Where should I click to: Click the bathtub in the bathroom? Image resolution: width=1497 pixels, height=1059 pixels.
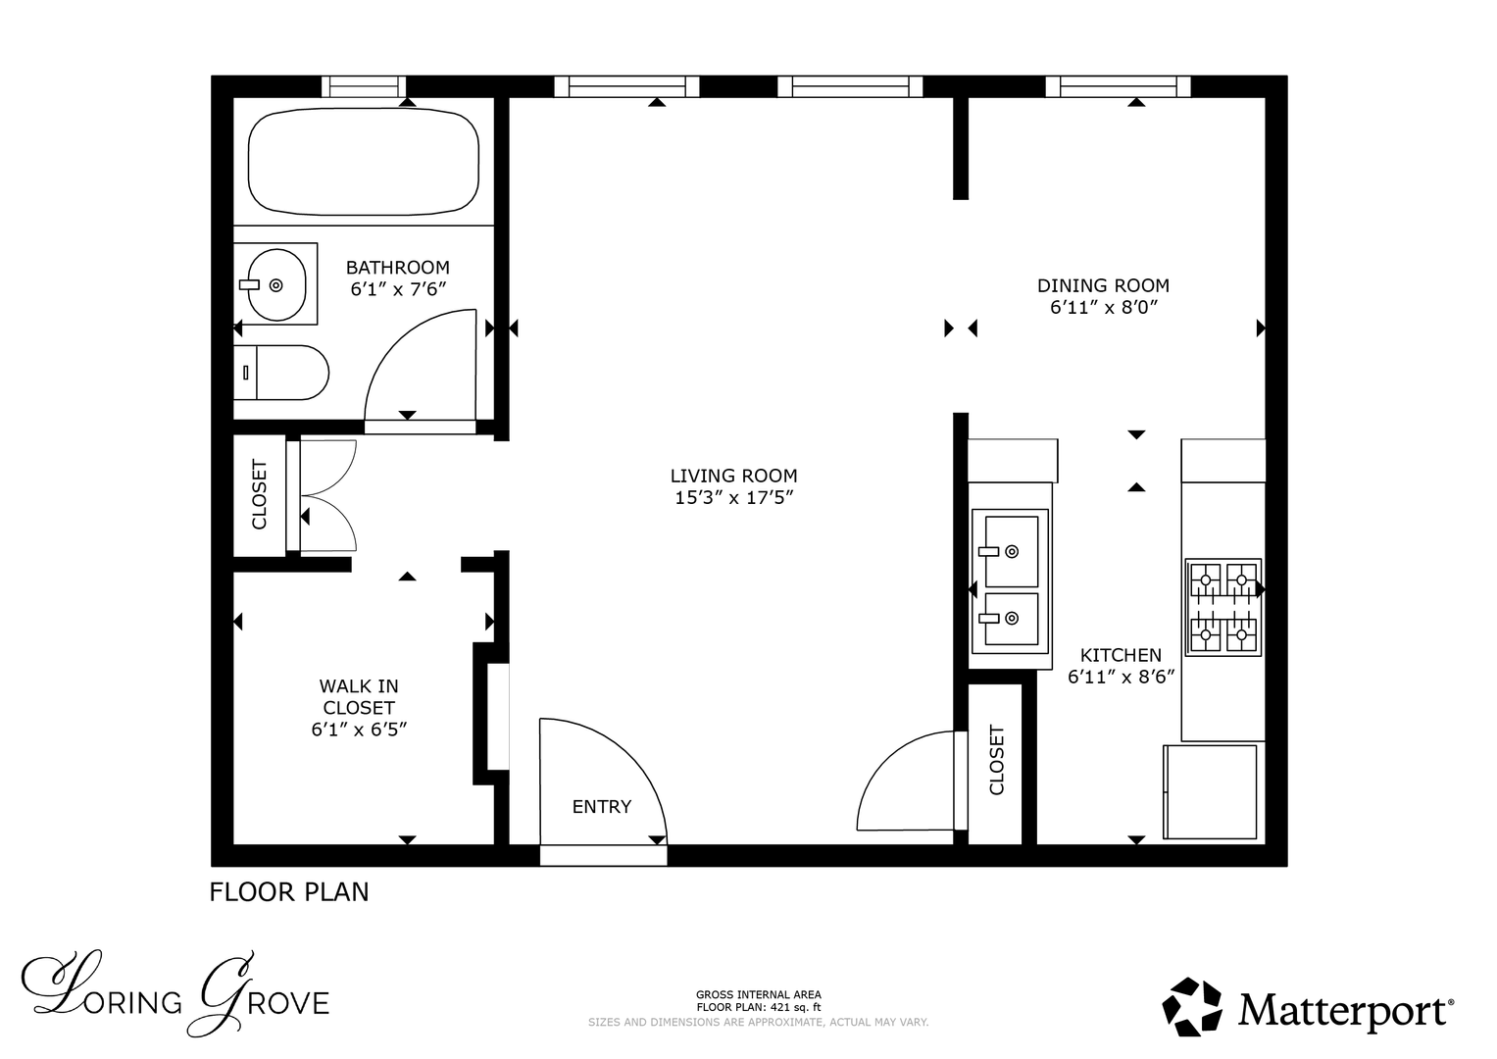coord(364,162)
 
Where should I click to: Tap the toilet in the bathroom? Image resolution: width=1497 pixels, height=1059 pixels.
coord(280,373)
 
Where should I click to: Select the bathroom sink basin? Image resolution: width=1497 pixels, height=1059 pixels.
coord(276,284)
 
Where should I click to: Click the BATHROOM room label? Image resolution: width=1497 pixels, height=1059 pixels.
coord(398,268)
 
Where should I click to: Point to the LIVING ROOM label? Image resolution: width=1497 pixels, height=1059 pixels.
coord(734,476)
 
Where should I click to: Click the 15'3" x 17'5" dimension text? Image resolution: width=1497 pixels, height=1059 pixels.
coord(734,498)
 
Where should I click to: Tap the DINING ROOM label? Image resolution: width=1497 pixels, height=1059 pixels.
coord(1103,285)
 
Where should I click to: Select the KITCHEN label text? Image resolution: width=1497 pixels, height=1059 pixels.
coord(1121,655)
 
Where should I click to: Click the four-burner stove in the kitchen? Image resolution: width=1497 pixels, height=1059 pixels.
coord(1223,607)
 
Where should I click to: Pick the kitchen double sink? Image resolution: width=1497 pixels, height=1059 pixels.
coord(1010,580)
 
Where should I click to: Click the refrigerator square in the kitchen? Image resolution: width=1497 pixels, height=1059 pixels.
coord(1210,791)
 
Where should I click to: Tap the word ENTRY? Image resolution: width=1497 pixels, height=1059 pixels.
coord(602,807)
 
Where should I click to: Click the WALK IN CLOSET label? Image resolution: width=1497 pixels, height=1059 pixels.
coord(359,696)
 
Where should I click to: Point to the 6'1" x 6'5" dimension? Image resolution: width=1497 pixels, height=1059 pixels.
coord(359,730)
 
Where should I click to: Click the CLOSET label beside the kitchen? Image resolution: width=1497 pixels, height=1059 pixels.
coord(996,760)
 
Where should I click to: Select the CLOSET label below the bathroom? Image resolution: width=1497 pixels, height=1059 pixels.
coord(259,494)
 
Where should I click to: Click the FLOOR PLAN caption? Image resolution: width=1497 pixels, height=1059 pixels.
coord(288,892)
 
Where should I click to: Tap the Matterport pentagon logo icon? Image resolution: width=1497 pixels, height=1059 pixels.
coord(1191,1007)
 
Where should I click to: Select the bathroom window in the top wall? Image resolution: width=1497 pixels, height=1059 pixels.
coord(365,87)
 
